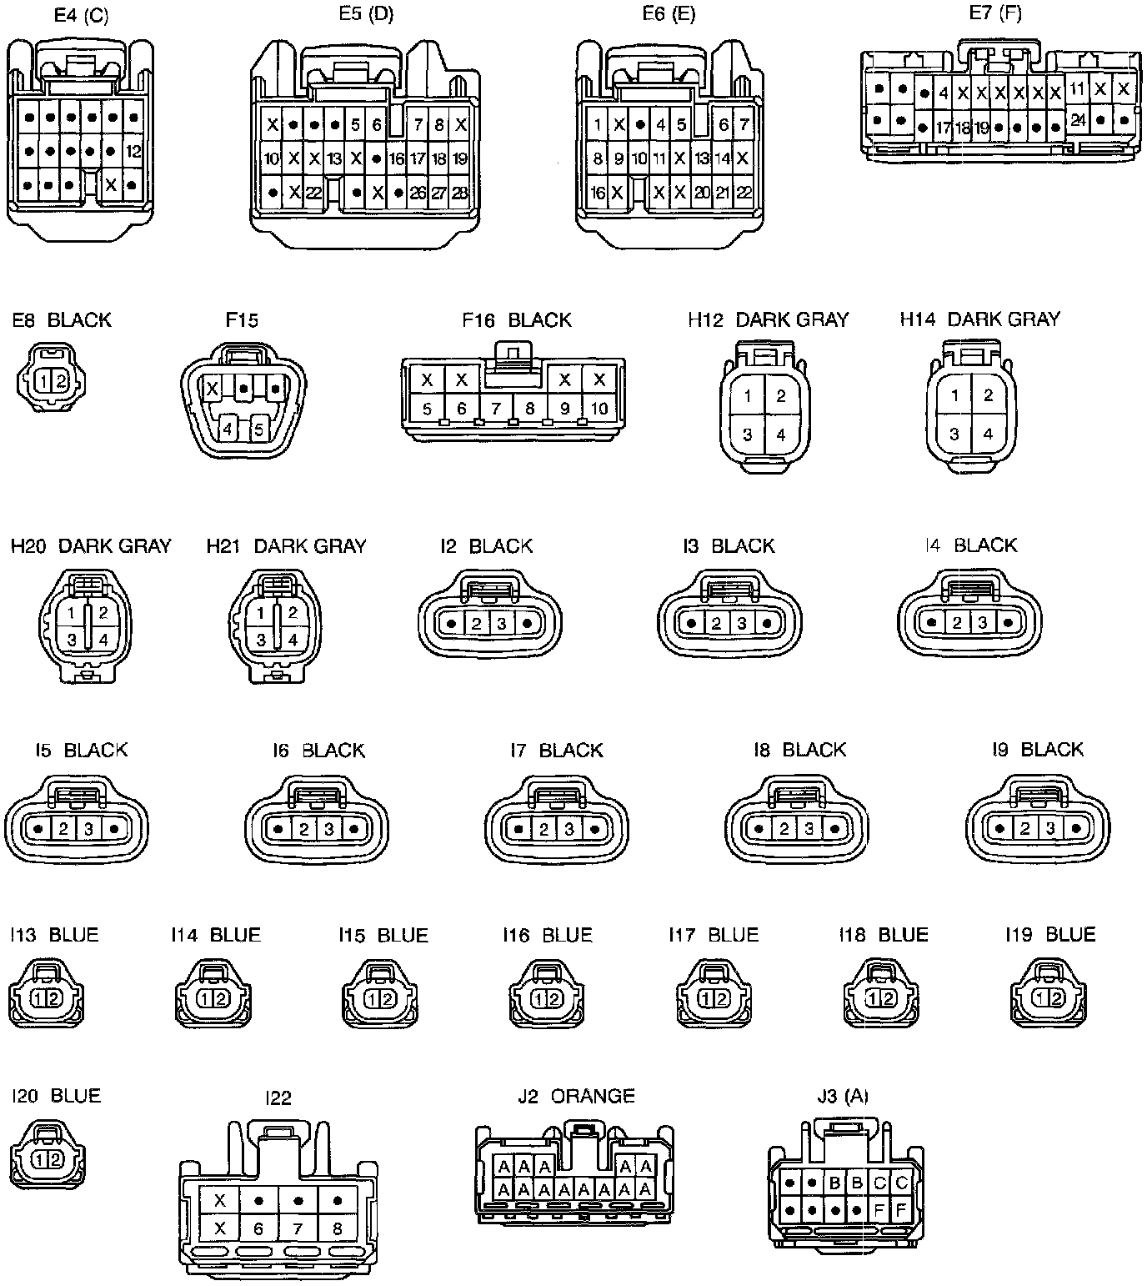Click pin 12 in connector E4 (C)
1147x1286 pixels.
click(133, 152)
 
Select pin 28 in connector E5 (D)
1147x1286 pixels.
click(459, 193)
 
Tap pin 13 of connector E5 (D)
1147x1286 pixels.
click(334, 158)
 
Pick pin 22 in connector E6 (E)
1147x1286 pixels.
click(744, 193)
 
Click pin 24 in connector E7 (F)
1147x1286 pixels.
click(1078, 120)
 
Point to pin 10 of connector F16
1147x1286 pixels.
click(599, 409)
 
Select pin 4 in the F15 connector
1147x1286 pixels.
click(226, 430)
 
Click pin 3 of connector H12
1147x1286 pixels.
click(748, 435)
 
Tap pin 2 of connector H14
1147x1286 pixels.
click(988, 395)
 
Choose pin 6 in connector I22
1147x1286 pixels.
click(258, 1228)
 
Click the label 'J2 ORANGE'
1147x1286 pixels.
click(576, 1096)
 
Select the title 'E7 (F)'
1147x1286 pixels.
click(995, 13)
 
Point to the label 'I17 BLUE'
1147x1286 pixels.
click(714, 935)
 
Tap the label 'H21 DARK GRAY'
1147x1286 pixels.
click(286, 546)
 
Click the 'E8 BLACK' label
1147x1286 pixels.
click(62, 320)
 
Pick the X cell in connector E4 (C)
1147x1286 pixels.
click(111, 183)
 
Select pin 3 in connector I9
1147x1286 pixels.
click(1050, 829)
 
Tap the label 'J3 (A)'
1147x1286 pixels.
click(842, 1096)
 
